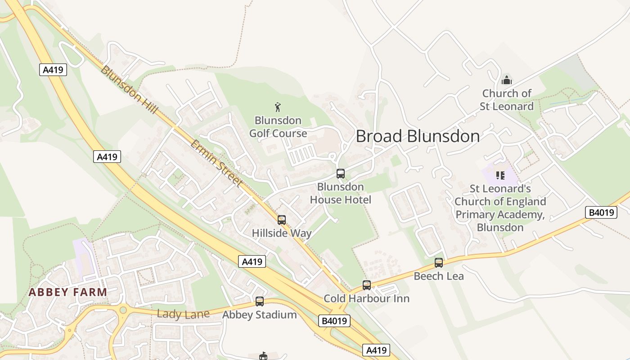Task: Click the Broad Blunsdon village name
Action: pyautogui.click(x=418, y=136)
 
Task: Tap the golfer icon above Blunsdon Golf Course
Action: pyautogui.click(x=278, y=107)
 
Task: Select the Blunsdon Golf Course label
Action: pyautogui.click(x=278, y=127)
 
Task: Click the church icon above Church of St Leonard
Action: pyautogui.click(x=507, y=81)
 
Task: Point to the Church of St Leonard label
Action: pyautogui.click(x=507, y=100)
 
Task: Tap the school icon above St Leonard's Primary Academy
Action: pyautogui.click(x=500, y=175)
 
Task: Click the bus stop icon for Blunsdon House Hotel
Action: pyautogui.click(x=341, y=174)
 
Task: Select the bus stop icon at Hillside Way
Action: pyautogui.click(x=282, y=220)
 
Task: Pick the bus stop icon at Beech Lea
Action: pyautogui.click(x=439, y=263)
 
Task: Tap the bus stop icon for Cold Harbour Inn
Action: pyautogui.click(x=367, y=285)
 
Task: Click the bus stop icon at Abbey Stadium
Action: pyautogui.click(x=260, y=301)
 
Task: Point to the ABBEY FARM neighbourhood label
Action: pyautogui.click(x=68, y=292)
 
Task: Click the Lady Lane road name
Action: pyautogui.click(x=183, y=314)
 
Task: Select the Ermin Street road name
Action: pyautogui.click(x=216, y=163)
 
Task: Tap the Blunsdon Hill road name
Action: pyautogui.click(x=129, y=90)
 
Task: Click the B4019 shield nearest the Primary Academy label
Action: pyautogui.click(x=601, y=212)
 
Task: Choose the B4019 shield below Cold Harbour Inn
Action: pyautogui.click(x=334, y=321)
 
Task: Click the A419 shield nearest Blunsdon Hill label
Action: pyautogui.click(x=54, y=70)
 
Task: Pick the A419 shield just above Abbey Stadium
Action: pyautogui.click(x=252, y=261)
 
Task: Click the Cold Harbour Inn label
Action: pyautogui.click(x=367, y=299)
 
